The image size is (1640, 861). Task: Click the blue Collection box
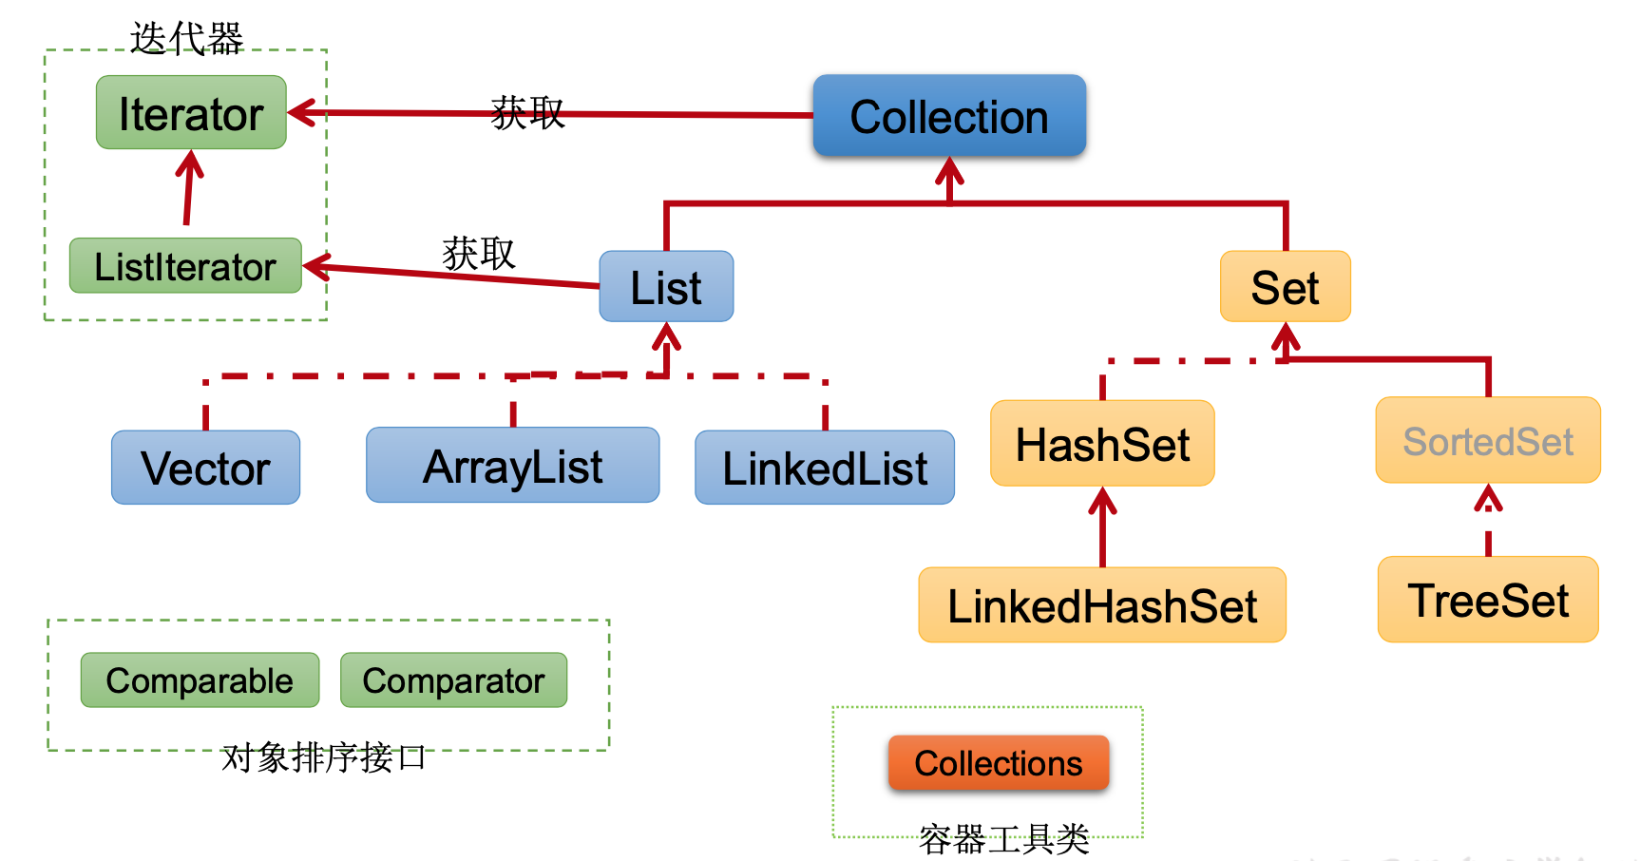pos(948,116)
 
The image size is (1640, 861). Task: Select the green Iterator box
pos(191,113)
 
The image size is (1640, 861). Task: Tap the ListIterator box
pos(185,266)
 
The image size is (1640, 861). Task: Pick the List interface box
pos(666,287)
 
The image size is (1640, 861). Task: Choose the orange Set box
pos(1285,287)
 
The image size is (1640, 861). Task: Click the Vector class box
pos(205,468)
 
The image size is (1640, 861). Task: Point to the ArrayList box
pos(512,466)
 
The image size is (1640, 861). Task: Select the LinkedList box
pos(824,468)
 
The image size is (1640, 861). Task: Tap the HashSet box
pos(1102,444)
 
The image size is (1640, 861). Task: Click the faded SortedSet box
pos(1488,441)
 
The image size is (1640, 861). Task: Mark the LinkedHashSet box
pos(1102,605)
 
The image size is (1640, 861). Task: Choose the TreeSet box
pos(1488,600)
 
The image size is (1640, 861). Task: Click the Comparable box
pos(200,680)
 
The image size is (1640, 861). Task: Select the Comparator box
pos(453,680)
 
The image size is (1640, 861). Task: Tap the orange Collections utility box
pos(999,763)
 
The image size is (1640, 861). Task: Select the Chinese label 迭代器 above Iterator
pos(186,39)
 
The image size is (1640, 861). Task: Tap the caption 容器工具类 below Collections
pos(1003,839)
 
